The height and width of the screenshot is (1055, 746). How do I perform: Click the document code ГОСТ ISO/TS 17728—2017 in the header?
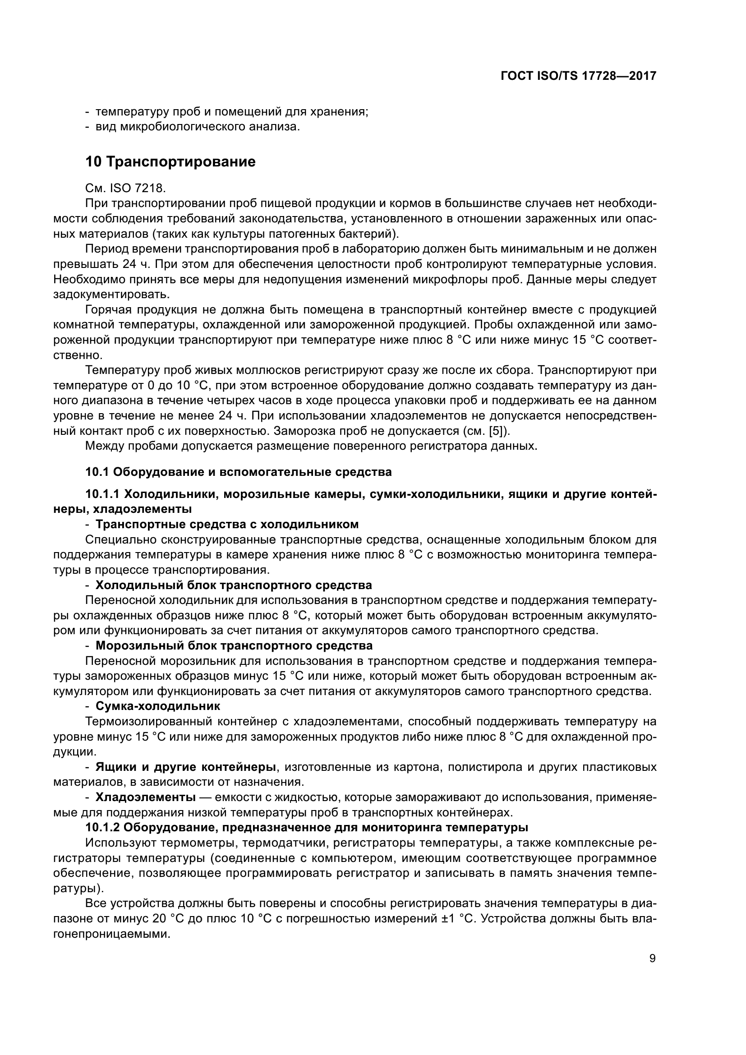coord(578,76)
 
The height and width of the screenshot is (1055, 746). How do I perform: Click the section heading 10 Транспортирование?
coord(170,162)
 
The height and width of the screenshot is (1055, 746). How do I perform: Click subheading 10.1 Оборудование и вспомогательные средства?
coord(239,472)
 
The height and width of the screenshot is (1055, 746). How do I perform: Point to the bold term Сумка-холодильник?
coord(157,706)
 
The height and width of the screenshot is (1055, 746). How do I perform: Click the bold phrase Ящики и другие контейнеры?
coord(185,766)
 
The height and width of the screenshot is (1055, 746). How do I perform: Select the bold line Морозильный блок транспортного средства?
coord(234,645)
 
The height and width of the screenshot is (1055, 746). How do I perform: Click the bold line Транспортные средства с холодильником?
coord(227,524)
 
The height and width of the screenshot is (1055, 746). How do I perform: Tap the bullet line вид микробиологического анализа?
coord(197,127)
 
